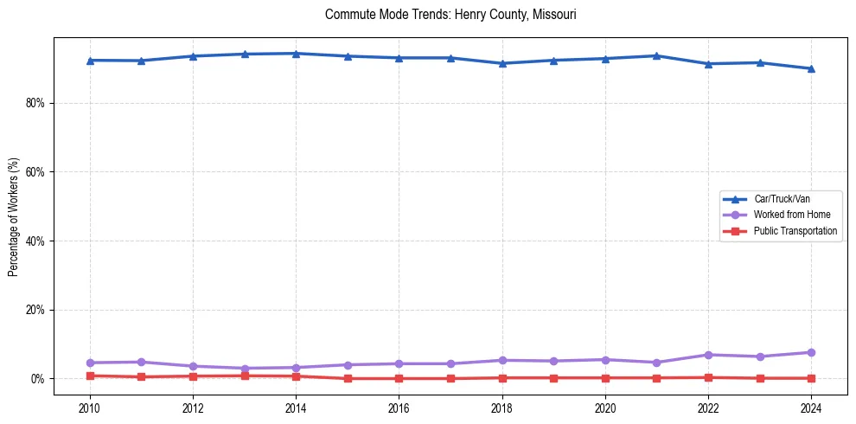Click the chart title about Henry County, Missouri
pos(450,15)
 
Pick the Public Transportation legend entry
pos(795,231)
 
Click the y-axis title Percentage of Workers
pos(14,217)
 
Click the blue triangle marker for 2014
pos(296,54)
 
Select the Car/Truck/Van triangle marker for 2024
pos(811,68)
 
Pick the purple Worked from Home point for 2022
pos(708,355)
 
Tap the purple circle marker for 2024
pos(811,352)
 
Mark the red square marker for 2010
pos(90,376)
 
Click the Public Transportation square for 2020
pos(605,378)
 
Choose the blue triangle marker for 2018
pos(502,63)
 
